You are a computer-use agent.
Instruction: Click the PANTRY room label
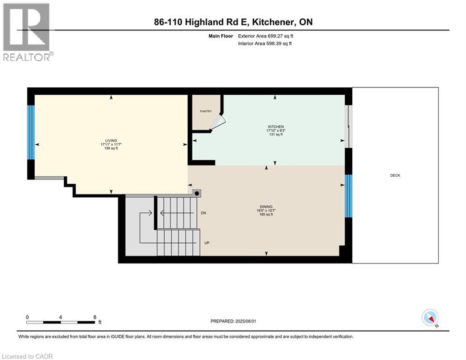(x=206, y=111)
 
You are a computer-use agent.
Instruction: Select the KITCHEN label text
(x=276, y=127)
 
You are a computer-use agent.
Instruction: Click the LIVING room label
(x=111, y=141)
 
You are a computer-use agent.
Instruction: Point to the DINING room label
(x=266, y=207)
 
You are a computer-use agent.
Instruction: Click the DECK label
(x=395, y=175)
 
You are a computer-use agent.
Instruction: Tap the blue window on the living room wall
(x=31, y=132)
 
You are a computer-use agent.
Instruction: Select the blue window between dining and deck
(x=348, y=196)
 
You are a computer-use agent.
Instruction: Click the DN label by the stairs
(x=203, y=213)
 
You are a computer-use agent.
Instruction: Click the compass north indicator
(x=429, y=318)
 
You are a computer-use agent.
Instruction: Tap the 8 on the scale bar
(x=95, y=317)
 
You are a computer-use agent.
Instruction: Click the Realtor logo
(x=27, y=32)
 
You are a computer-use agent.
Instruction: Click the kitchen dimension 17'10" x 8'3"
(x=276, y=131)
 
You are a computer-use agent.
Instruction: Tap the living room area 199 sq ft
(x=111, y=149)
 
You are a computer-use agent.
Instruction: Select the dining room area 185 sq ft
(x=266, y=215)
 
